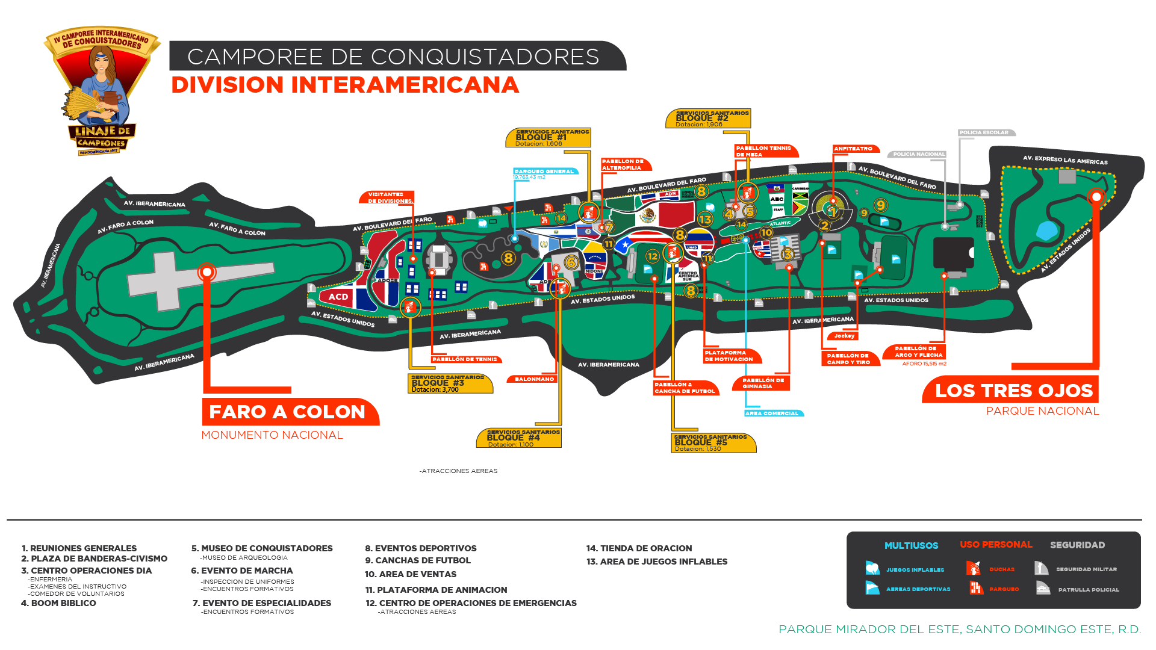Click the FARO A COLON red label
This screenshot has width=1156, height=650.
pos(287,412)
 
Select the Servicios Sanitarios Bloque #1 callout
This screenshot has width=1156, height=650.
pos(548,137)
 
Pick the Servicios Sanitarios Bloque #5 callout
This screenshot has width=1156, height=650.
pos(713,443)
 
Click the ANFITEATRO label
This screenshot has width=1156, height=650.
pos(854,149)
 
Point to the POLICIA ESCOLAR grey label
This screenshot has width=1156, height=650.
pos(985,133)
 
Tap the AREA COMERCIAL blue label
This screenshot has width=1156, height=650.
pos(772,413)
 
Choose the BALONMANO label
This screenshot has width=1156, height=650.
pos(534,379)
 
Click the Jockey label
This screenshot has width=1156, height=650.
pos(844,336)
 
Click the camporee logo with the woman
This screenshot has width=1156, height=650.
pos(102,90)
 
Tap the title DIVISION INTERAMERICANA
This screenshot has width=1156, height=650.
pos(345,85)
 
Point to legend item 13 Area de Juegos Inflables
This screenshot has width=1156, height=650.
pos(657,562)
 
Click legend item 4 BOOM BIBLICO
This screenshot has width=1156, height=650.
pos(59,603)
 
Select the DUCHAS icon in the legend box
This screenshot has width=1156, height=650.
pos(973,568)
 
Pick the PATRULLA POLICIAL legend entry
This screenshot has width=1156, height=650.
pos(1078,589)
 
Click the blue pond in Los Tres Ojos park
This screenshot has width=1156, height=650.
pos(1047,230)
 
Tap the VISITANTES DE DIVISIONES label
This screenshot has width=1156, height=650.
pos(388,197)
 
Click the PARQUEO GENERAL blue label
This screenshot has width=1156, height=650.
pos(544,172)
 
